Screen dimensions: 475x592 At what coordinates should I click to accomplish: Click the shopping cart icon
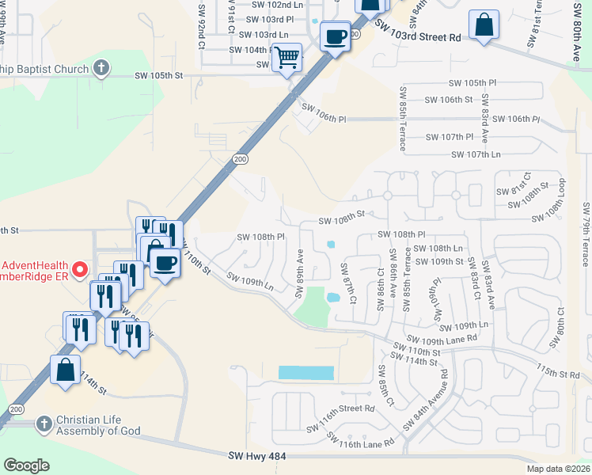pos(287,56)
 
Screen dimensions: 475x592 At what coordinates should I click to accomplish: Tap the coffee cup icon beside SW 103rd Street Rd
pos(336,36)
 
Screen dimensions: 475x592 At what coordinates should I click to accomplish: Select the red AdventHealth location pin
pos(79,272)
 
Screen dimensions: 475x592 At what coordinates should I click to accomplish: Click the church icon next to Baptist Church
pos(101,68)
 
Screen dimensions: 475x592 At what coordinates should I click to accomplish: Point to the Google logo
pos(26,465)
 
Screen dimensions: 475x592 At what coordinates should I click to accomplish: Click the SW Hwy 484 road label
pos(255,456)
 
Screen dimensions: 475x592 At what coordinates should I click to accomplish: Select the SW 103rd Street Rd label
pos(417,36)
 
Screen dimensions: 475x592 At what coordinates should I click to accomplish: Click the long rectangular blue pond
pos(306,372)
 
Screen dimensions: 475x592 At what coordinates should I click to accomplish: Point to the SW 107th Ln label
pos(476,154)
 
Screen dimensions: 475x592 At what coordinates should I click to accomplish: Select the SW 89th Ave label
pos(301,274)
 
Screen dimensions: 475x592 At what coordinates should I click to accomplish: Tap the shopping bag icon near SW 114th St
pos(64,369)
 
